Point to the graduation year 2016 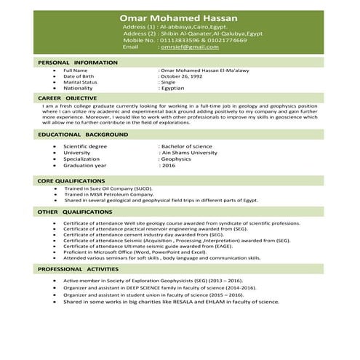click(169, 166)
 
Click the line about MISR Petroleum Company click(109, 194)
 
